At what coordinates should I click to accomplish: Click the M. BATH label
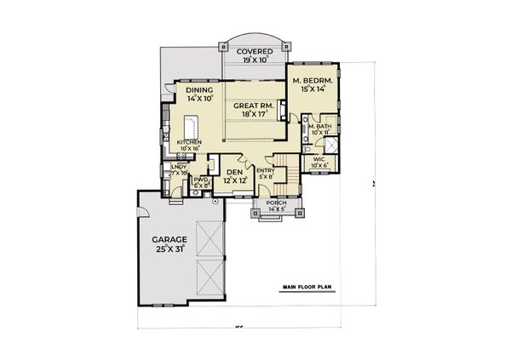(320, 127)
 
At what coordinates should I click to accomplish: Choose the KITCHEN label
(188, 142)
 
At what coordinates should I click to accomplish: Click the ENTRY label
(266, 170)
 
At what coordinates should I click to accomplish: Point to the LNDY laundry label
(178, 169)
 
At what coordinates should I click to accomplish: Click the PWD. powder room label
(201, 180)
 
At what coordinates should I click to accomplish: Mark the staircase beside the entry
(286, 171)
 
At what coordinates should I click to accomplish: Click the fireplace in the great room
(280, 109)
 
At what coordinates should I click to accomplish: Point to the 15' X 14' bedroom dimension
(312, 89)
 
